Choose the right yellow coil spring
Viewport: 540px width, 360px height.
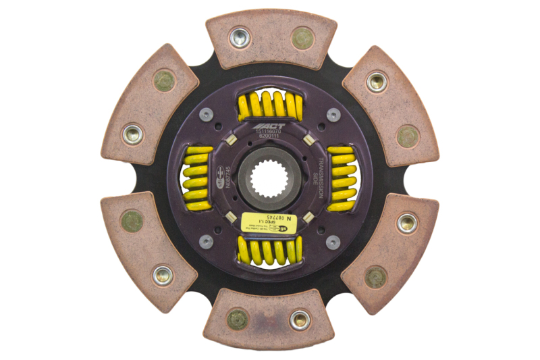[x=341, y=178]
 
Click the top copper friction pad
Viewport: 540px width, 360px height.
[x=271, y=40]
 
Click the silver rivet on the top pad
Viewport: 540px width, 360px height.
[x=240, y=37]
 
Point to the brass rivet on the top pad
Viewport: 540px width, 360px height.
[x=302, y=38]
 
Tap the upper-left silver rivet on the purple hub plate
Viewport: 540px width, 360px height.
[x=209, y=115]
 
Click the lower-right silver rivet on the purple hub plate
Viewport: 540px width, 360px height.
[x=332, y=241]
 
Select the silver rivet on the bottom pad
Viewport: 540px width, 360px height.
[x=300, y=319]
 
